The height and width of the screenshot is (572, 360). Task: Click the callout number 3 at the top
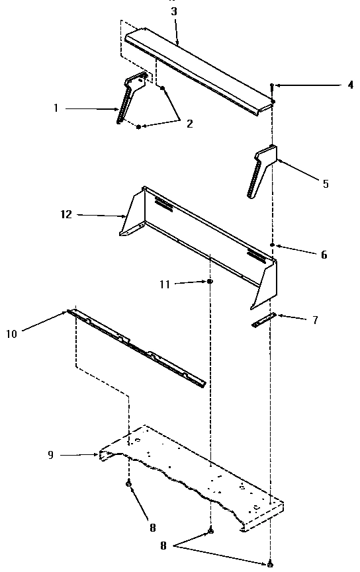[x=174, y=11]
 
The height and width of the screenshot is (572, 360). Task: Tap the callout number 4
[x=351, y=85]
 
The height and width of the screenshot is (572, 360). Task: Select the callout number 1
[x=56, y=108]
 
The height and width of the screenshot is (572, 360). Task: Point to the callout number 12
[x=66, y=214]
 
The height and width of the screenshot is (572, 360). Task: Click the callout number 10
[x=12, y=333]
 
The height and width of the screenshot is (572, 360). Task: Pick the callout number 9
[x=51, y=454]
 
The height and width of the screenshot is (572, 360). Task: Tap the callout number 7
[x=315, y=320]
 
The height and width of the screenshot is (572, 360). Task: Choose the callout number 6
[x=324, y=255]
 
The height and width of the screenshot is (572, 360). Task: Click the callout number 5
[x=326, y=183]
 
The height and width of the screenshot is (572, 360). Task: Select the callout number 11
[x=165, y=284]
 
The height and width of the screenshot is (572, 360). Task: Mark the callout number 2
[x=189, y=123]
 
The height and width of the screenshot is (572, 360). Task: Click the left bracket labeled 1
[x=132, y=96]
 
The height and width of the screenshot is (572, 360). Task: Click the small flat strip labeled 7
[x=263, y=319]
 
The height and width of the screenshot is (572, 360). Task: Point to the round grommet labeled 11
[x=210, y=281]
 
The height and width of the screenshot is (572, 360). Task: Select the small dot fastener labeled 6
[x=272, y=245]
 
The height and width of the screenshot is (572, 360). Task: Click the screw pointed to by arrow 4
[x=272, y=87]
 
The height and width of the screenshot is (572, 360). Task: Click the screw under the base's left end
[x=128, y=483]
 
